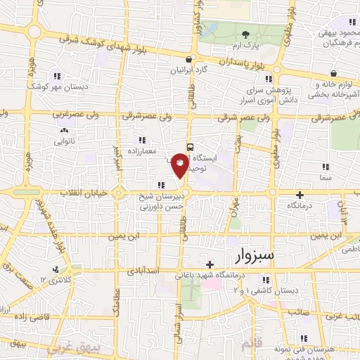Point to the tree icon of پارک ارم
coord(246,34)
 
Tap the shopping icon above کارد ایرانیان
coord(188,60)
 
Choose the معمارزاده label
coord(146,150)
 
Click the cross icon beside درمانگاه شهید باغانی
coord(210,264)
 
